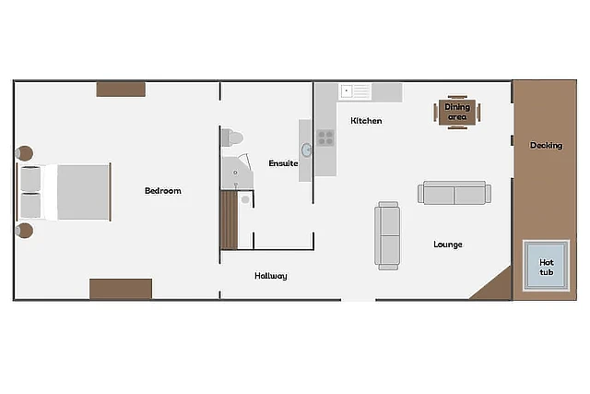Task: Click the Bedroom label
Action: point(163,191)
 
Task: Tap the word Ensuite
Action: point(283,163)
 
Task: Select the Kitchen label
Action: point(366,121)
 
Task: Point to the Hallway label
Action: point(270,276)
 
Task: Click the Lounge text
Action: point(448,245)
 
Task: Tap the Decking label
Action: point(546,146)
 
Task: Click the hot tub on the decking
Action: point(546,266)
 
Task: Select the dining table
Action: point(457,113)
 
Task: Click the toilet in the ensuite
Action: point(232,137)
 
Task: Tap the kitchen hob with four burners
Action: point(325,137)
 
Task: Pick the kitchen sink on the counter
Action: point(355,91)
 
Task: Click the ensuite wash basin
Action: point(306,150)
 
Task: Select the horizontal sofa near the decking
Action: point(454,193)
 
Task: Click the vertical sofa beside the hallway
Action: point(387,236)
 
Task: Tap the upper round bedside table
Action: point(25,153)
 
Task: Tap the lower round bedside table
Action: point(25,231)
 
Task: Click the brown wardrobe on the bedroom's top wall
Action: point(121,90)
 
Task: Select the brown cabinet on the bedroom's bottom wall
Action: point(121,289)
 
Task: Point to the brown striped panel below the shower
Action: point(229,220)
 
